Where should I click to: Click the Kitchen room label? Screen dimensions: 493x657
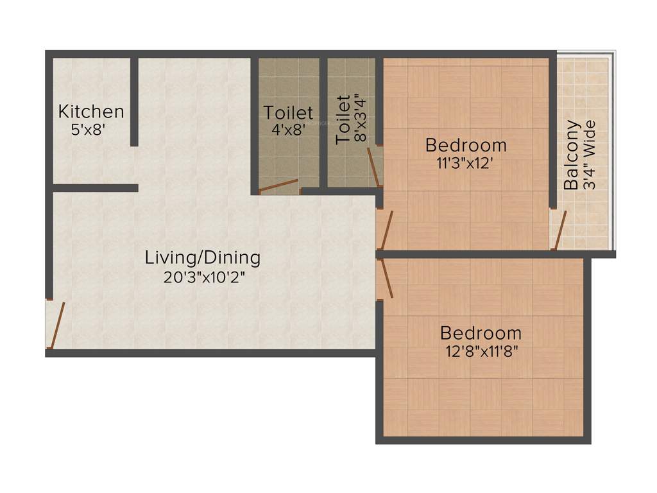click(91, 112)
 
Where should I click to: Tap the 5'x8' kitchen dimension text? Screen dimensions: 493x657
click(88, 129)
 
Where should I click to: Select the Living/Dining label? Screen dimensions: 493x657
click(203, 258)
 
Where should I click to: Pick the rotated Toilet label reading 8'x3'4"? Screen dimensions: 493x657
click(344, 119)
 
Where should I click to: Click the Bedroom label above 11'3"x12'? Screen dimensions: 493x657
click(466, 145)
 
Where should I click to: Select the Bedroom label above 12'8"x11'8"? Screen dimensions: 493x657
click(481, 334)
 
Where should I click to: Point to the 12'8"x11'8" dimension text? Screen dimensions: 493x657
click(479, 351)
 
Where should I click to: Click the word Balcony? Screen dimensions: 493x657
click(571, 156)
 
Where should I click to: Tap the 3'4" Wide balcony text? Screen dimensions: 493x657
click(589, 155)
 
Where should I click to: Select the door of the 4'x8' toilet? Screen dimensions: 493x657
click(278, 186)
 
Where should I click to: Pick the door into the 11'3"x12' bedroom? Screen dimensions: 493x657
click(386, 230)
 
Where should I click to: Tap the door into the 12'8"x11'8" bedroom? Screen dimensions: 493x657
click(386, 279)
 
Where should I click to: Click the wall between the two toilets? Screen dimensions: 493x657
click(323, 122)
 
